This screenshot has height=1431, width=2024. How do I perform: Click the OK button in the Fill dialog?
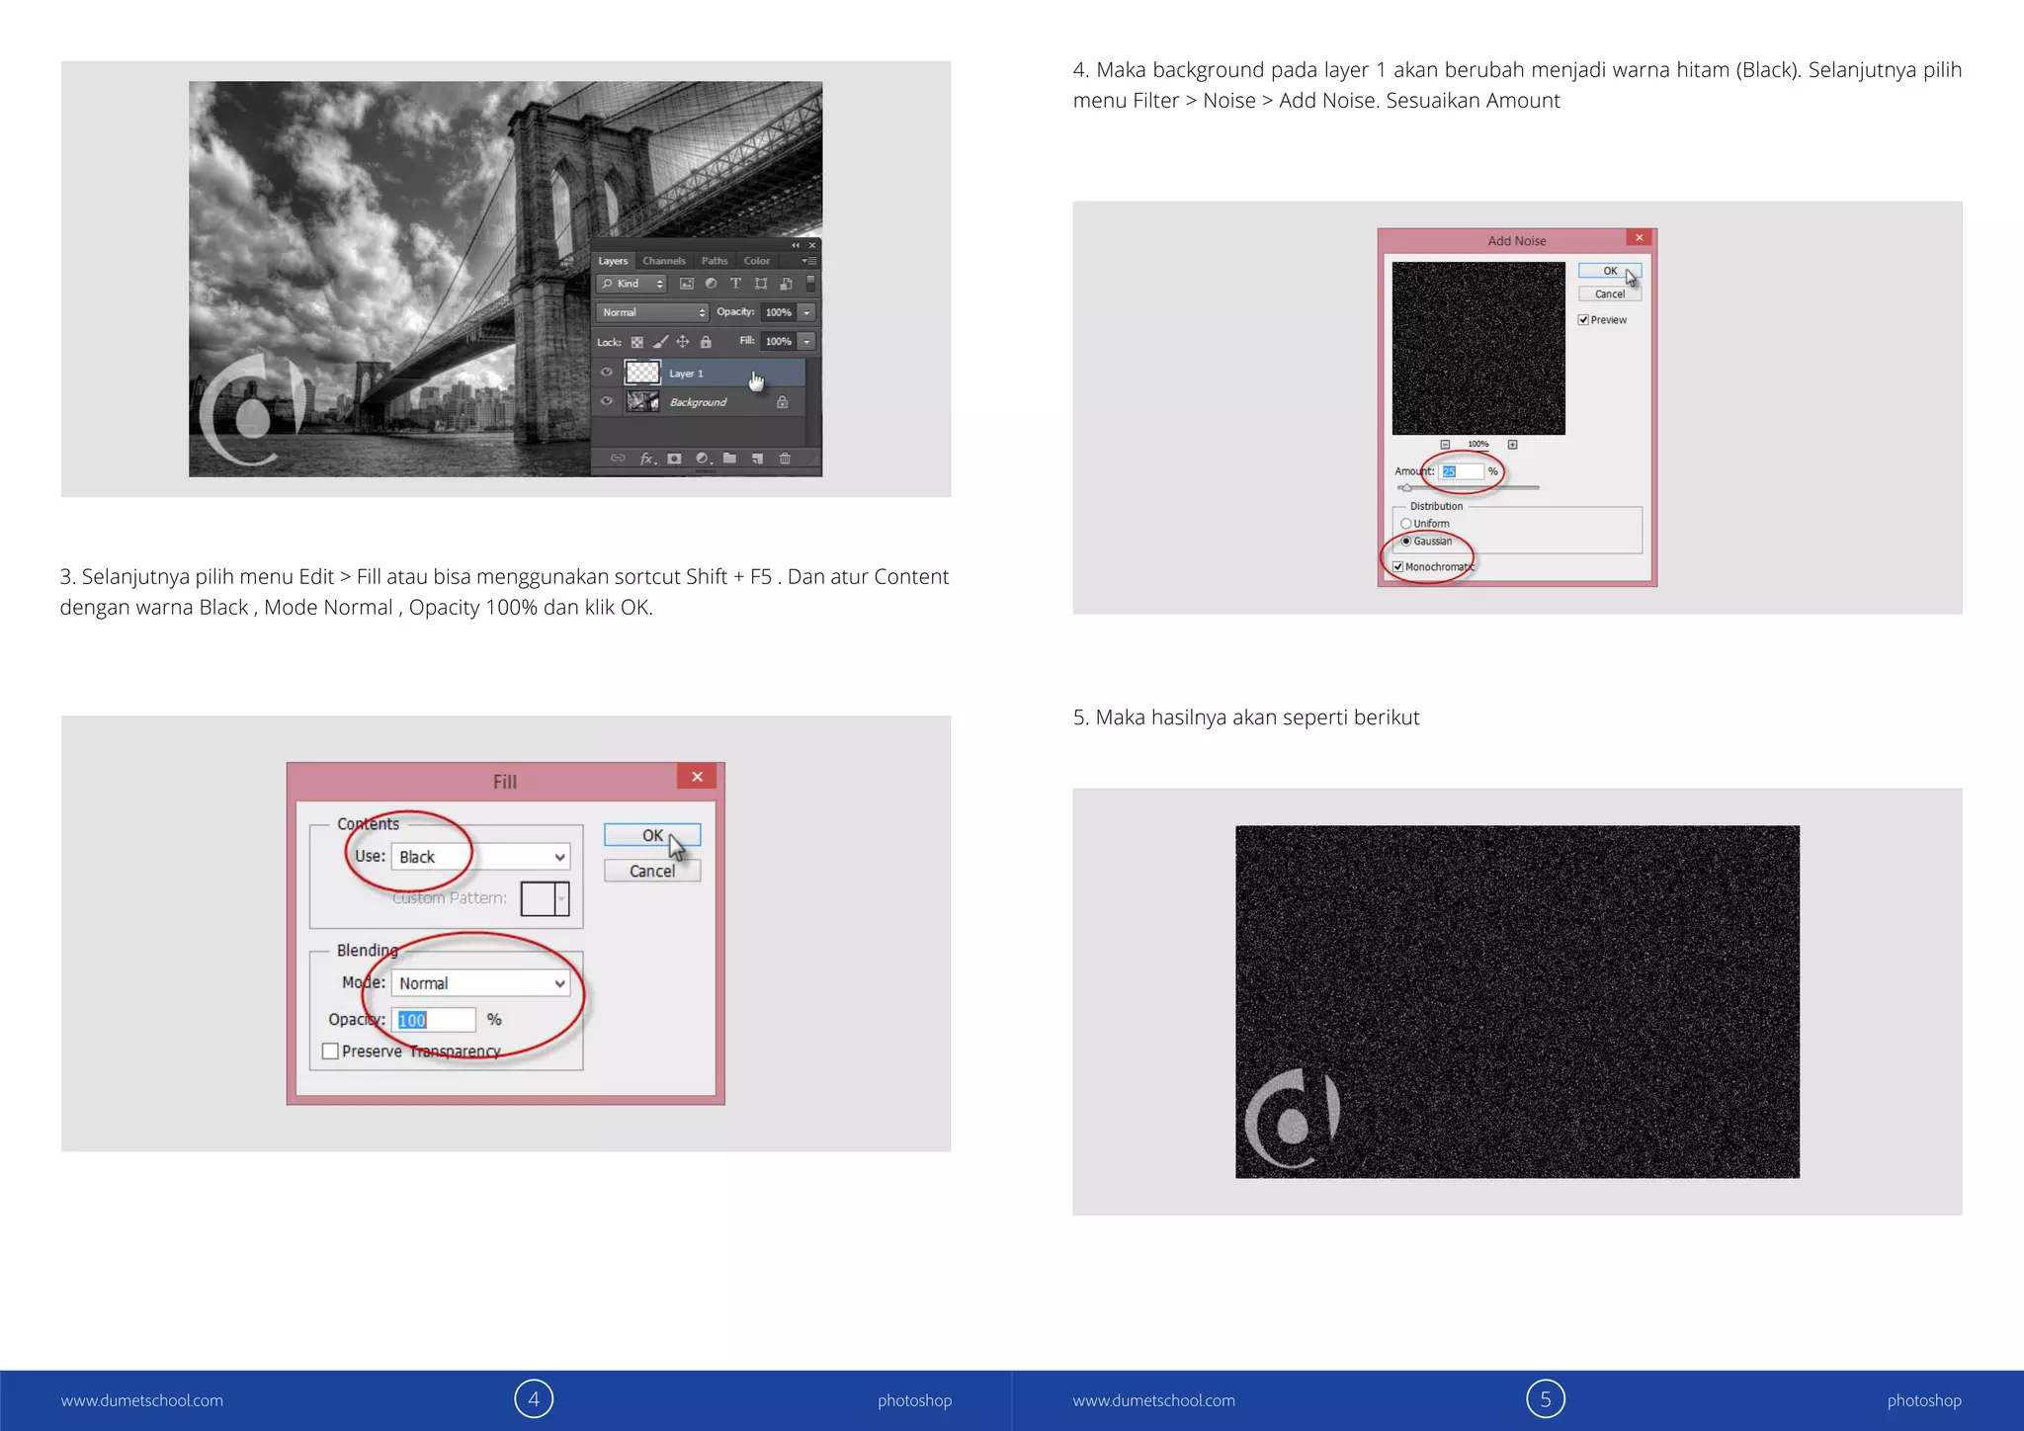[x=651, y=836]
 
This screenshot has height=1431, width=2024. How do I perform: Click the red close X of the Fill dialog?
[x=697, y=777]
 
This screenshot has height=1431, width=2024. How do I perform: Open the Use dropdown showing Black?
[x=481, y=857]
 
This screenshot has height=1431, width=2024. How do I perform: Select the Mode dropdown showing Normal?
[x=481, y=983]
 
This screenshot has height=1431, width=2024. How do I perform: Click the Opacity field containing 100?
[x=434, y=1020]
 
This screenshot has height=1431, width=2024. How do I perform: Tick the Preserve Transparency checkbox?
[x=331, y=1052]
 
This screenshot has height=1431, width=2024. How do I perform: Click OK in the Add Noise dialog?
[x=1609, y=271]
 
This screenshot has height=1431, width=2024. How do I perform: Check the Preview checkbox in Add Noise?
[x=1583, y=320]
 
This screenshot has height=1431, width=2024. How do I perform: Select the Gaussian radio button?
[x=1406, y=542]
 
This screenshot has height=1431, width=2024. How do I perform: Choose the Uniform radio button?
[x=1406, y=524]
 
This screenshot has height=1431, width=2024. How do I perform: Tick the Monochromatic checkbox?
[x=1398, y=567]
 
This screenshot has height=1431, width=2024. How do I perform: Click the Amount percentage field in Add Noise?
[x=1461, y=471]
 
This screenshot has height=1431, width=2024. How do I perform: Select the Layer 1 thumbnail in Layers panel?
[x=642, y=373]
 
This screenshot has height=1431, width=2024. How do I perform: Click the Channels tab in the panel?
[x=663, y=261]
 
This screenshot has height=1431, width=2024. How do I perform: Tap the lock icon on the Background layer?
[x=782, y=402]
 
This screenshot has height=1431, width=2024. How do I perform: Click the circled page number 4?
[x=534, y=1399]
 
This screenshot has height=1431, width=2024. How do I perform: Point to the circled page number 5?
[x=1546, y=1399]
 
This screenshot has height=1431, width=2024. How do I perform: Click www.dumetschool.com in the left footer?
[x=142, y=1400]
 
